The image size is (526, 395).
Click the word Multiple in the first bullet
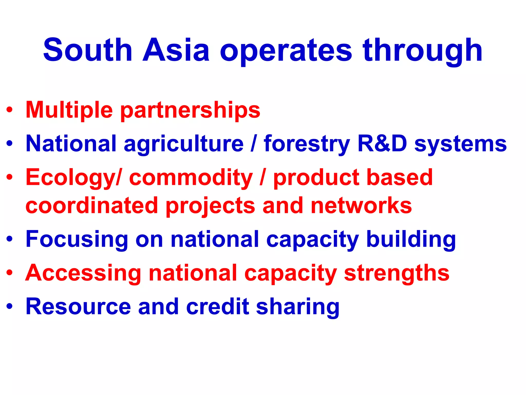[x=69, y=110]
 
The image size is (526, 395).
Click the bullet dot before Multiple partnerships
[x=10, y=110]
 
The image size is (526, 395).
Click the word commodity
[x=191, y=178]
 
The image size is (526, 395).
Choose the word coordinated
[x=92, y=205]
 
